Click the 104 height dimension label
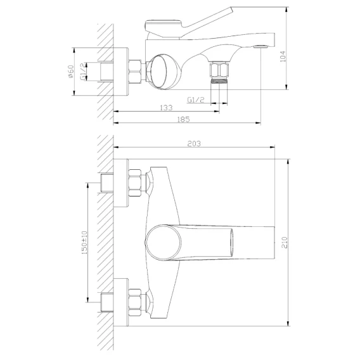coord(283,56)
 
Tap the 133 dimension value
coord(166,108)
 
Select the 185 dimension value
coord(183,119)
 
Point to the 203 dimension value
coord(194,144)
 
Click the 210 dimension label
coord(284,242)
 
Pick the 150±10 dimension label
coord(84,243)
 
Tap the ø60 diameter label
coord(71,72)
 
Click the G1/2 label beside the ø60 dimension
coord(83,72)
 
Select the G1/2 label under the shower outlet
coord(196,100)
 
